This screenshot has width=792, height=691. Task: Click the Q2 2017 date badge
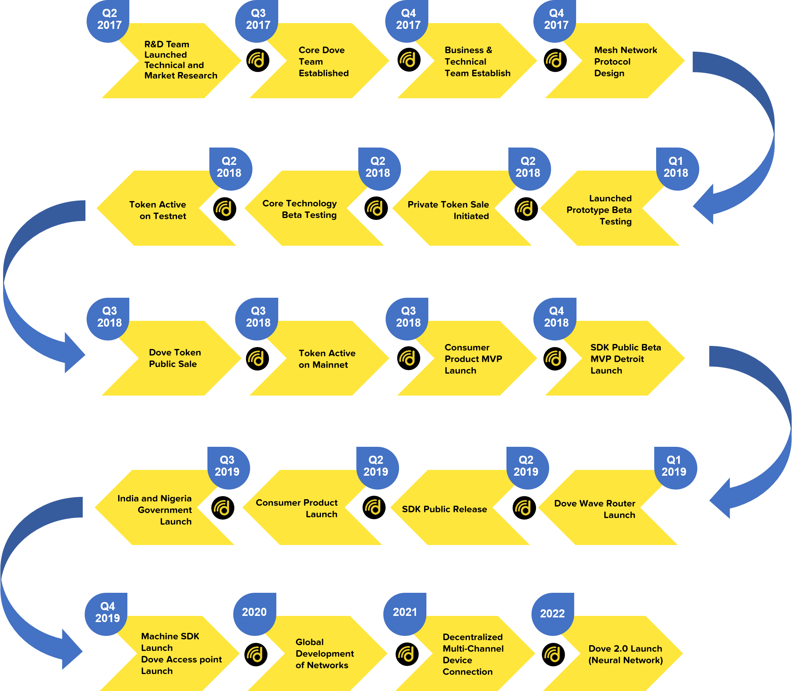tap(109, 20)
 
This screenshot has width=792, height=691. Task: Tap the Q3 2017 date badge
tap(257, 20)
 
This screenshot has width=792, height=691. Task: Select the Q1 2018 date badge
tap(676, 167)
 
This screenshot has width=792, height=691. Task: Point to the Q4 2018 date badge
tap(556, 317)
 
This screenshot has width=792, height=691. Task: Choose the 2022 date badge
tap(552, 614)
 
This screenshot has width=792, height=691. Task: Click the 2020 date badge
tap(254, 612)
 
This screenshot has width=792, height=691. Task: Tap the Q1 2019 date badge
tap(674, 466)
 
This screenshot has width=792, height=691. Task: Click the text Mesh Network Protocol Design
tap(625, 62)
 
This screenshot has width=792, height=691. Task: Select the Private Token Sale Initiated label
tap(448, 210)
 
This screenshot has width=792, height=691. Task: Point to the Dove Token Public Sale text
tap(175, 358)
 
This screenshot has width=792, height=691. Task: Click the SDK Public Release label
tap(444, 509)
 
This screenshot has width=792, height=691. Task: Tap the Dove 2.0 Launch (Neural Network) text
tap(625, 654)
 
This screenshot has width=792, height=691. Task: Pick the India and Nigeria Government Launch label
tap(154, 510)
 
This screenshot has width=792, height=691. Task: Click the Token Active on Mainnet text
tap(327, 359)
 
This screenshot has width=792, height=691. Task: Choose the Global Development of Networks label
tap(324, 654)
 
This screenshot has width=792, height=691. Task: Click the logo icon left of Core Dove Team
tap(257, 60)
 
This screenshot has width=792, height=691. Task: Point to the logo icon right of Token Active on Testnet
tap(224, 209)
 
